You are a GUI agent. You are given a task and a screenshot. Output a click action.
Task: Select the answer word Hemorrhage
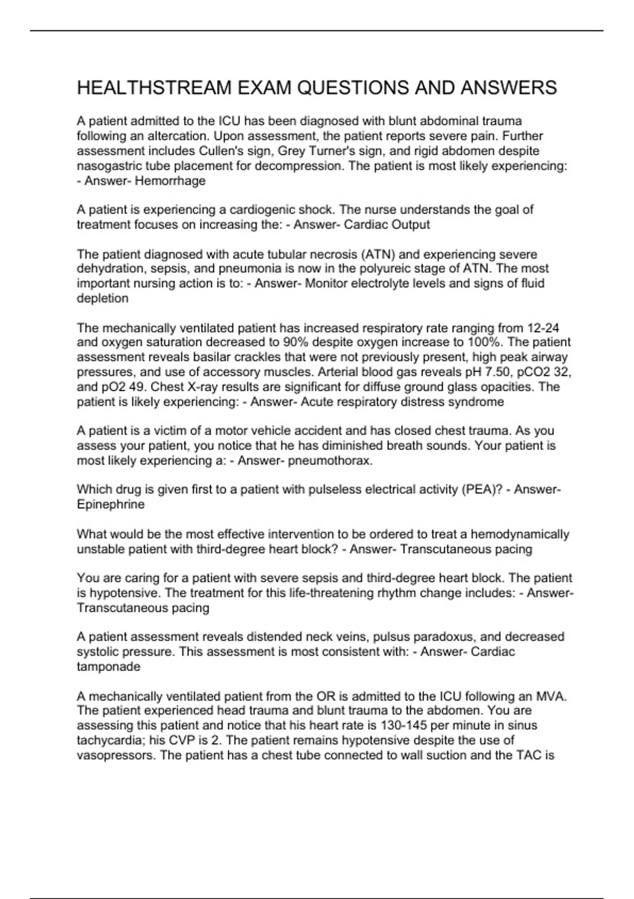(x=170, y=181)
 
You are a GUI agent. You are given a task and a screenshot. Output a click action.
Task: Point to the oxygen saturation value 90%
(x=297, y=343)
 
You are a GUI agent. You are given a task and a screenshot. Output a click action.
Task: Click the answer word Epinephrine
(x=110, y=504)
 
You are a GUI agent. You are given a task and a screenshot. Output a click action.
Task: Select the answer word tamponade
(x=108, y=666)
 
